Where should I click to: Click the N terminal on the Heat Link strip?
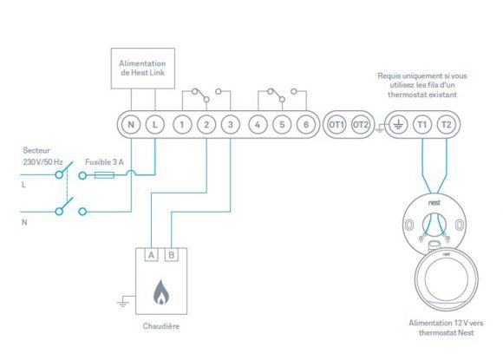[131, 125]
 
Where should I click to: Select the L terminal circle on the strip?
[155, 125]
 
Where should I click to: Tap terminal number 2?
[206, 125]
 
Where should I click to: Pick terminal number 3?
[231, 125]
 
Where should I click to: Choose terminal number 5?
[282, 125]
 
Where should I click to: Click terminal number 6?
[306, 125]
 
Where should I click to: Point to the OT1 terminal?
[336, 125]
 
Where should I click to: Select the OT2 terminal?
[360, 125]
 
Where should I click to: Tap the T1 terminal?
[422, 125]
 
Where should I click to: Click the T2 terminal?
[447, 125]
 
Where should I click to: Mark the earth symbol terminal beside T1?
[398, 125]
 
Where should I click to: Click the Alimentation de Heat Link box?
[143, 69]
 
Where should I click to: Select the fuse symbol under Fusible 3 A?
[104, 175]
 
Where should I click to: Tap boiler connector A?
[151, 255]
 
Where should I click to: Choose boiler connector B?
[172, 255]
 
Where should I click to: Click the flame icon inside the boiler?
[161, 292]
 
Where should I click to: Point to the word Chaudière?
[161, 326]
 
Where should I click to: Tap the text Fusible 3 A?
[104, 162]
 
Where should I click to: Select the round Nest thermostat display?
[447, 279]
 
